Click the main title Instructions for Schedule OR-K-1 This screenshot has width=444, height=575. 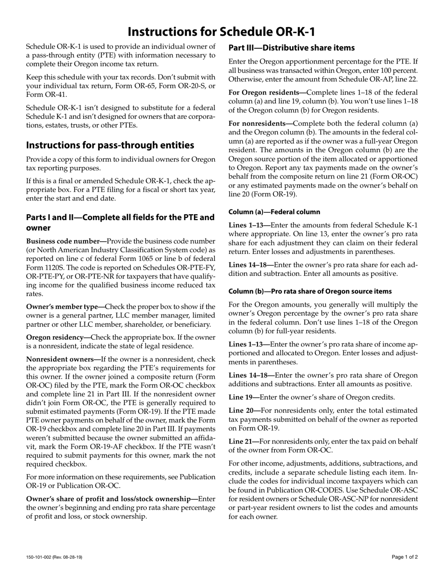tap(222, 31)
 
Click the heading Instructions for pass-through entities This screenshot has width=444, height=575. tap(110, 145)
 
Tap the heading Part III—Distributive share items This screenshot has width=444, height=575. tap(291, 48)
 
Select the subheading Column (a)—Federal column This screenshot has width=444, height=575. tap(274, 212)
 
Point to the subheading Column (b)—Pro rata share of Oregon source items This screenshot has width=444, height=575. tap(310, 291)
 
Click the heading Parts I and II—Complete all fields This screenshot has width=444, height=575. tap(120, 217)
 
